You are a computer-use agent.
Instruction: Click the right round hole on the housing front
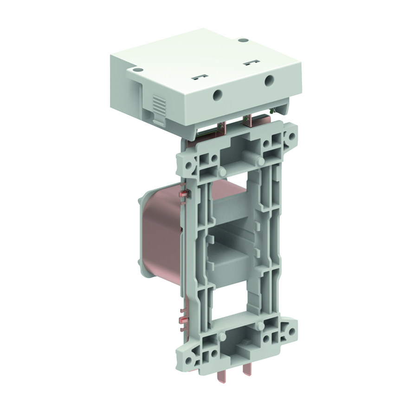tap(269, 81)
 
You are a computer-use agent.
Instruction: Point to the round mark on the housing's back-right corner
tap(241, 40)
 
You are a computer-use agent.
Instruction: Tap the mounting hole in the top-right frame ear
tap(291, 137)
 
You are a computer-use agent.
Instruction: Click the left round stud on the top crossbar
tap(223, 172)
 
